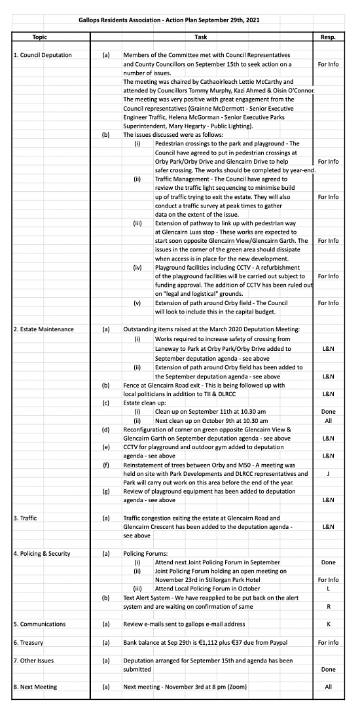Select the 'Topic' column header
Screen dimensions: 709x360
point(40,38)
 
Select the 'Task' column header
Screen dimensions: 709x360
point(216,38)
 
